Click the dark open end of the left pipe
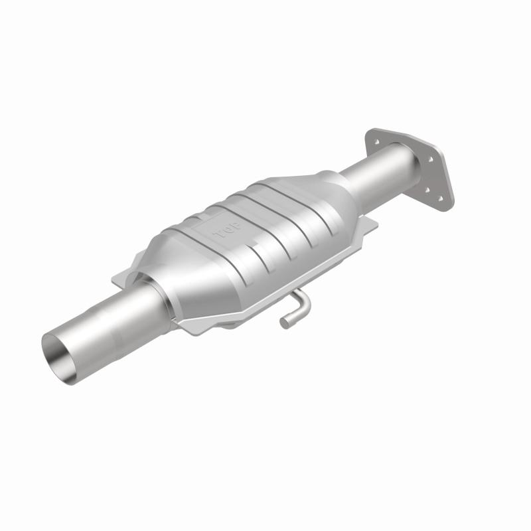(x=61, y=354)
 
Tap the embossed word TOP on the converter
(x=220, y=234)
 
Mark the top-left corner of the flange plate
(x=369, y=131)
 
